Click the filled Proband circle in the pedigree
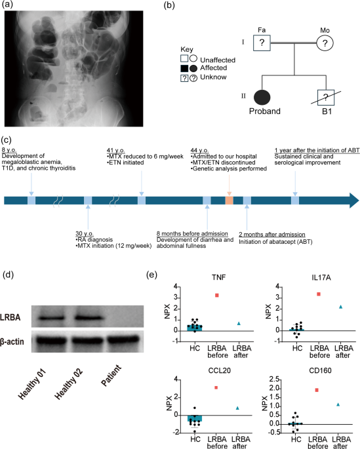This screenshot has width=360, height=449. click(262, 98)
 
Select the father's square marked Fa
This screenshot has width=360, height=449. click(262, 43)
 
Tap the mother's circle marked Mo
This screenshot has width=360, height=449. click(325, 43)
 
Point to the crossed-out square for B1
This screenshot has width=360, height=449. click(326, 98)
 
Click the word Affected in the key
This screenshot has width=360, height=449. click(213, 68)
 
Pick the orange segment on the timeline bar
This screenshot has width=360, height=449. click(229, 201)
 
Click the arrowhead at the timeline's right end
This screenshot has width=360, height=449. click(354, 201)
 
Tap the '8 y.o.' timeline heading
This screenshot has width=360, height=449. click(9, 149)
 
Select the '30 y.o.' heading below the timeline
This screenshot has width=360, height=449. click(85, 233)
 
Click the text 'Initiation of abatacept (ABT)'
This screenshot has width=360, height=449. click(275, 242)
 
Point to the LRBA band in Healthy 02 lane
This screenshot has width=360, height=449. click(89, 318)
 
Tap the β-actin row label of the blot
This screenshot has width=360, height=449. click(12, 342)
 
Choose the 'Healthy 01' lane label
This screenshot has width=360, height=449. click(31, 384)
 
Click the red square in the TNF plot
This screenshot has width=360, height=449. click(217, 295)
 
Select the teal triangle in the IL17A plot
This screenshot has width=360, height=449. click(341, 307)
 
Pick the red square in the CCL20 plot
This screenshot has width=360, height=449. click(216, 387)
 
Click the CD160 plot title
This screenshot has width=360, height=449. click(320, 370)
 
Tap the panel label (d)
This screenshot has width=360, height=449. click(8, 275)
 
